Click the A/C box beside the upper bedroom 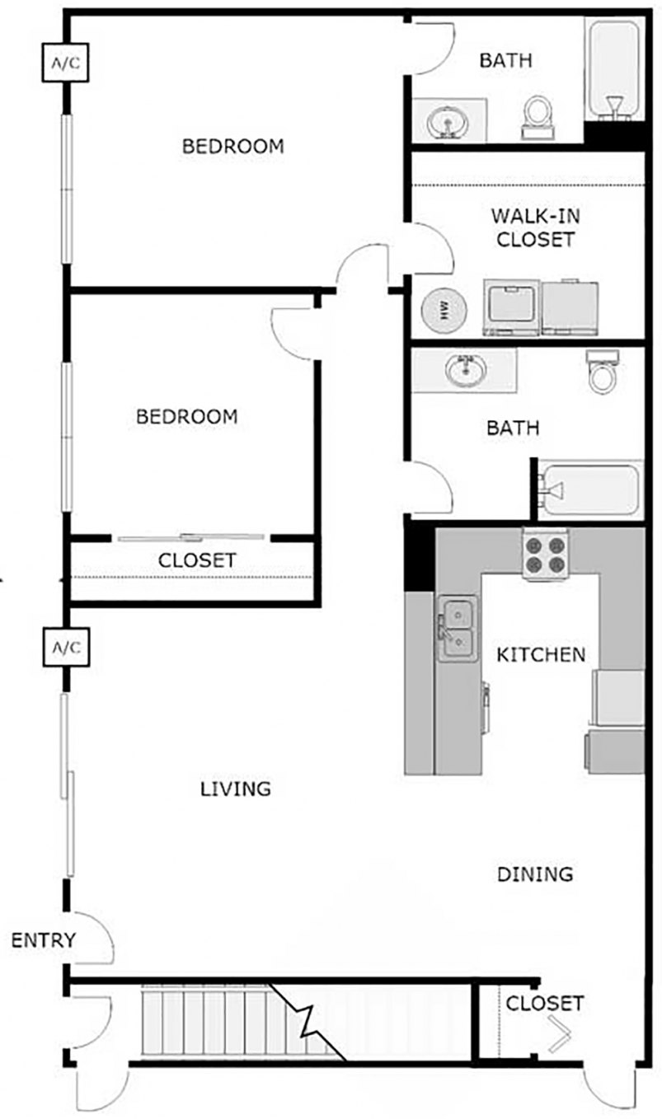[65, 63]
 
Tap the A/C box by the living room [67, 648]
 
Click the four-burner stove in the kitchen [546, 554]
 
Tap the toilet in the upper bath [538, 118]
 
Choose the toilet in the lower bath [603, 371]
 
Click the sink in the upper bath [447, 121]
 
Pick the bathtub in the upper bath [613, 69]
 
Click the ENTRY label [44, 940]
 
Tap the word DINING [534, 874]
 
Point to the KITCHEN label [541, 654]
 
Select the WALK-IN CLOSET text [535, 227]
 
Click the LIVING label [235, 789]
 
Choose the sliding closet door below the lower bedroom [191, 538]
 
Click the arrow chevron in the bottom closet [559, 1035]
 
